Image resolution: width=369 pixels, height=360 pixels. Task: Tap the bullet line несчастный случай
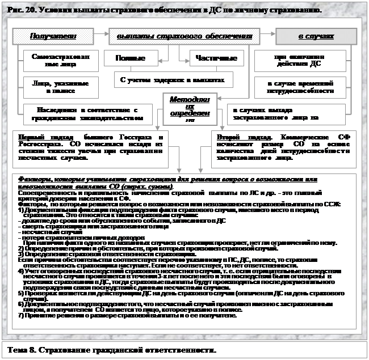pyautogui.click(x=43, y=232)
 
